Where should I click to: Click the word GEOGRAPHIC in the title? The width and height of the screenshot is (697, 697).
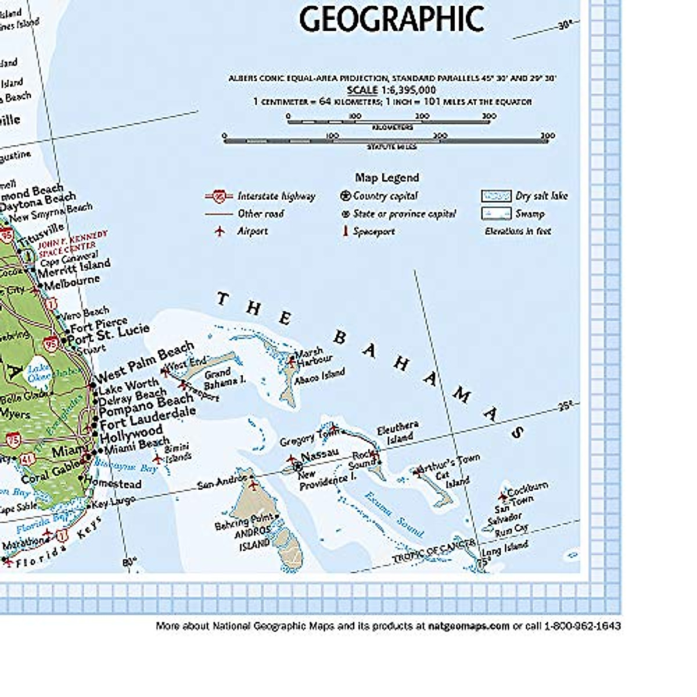391,19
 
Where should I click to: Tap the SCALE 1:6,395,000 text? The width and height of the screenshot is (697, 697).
391,90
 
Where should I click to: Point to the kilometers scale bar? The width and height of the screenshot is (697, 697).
391,122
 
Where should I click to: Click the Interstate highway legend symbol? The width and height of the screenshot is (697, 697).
219,196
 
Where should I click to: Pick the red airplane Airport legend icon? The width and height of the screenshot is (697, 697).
220,231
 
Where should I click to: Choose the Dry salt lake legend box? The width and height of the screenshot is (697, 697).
495,196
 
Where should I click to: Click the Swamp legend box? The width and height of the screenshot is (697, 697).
495,214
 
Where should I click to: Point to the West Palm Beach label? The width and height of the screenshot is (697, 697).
145,360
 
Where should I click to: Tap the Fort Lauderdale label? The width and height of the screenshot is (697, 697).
148,416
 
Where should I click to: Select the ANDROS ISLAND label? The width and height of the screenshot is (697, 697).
253,537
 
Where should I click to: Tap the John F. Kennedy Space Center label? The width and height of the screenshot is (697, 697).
73,243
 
